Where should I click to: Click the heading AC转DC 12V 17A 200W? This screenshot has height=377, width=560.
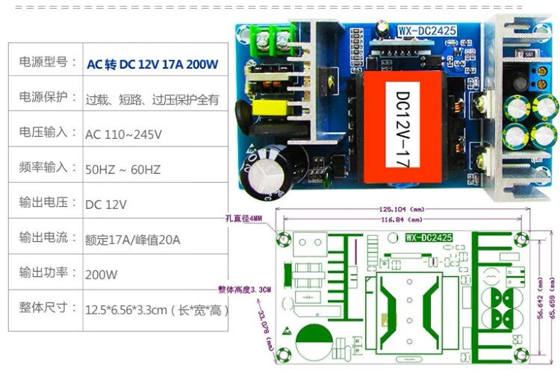tap(152, 64)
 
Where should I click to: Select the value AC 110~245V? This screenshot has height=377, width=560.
tap(123, 134)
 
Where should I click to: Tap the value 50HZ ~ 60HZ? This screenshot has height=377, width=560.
tap(122, 169)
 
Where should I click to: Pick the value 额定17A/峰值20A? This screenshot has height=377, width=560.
tap(133, 240)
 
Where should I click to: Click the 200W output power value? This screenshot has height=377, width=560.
tap(102, 274)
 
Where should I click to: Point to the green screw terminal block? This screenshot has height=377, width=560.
tap(273, 37)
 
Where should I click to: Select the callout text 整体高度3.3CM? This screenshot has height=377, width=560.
tap(245, 289)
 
